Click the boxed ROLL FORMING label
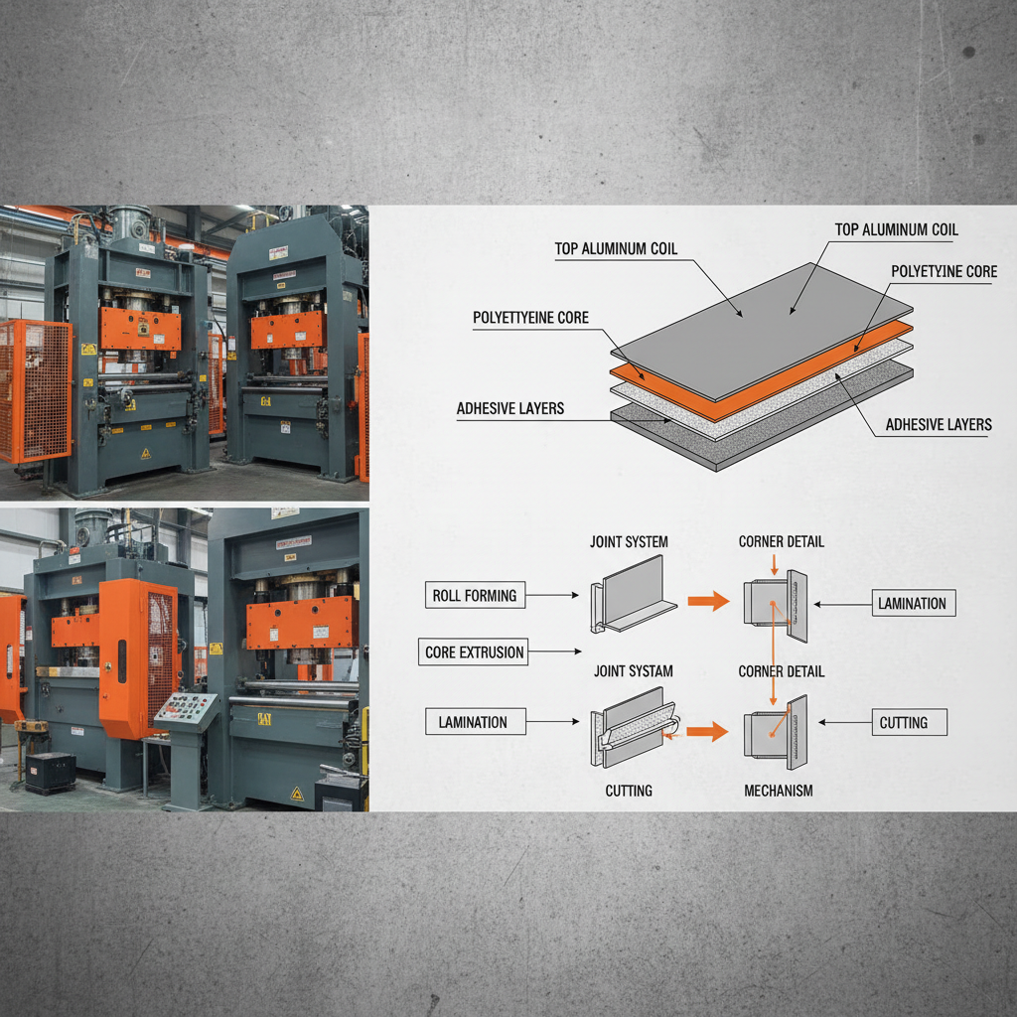[475, 596]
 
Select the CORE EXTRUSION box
[474, 653]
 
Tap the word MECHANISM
[779, 791]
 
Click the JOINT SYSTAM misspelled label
[634, 671]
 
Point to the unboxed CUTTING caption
[629, 791]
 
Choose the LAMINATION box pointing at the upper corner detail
[912, 603]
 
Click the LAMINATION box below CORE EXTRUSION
[473, 723]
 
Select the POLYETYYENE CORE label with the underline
[530, 318]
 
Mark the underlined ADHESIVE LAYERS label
[510, 408]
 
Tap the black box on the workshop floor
[50, 771]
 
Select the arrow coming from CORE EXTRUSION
[556, 653]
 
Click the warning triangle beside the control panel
[296, 793]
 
